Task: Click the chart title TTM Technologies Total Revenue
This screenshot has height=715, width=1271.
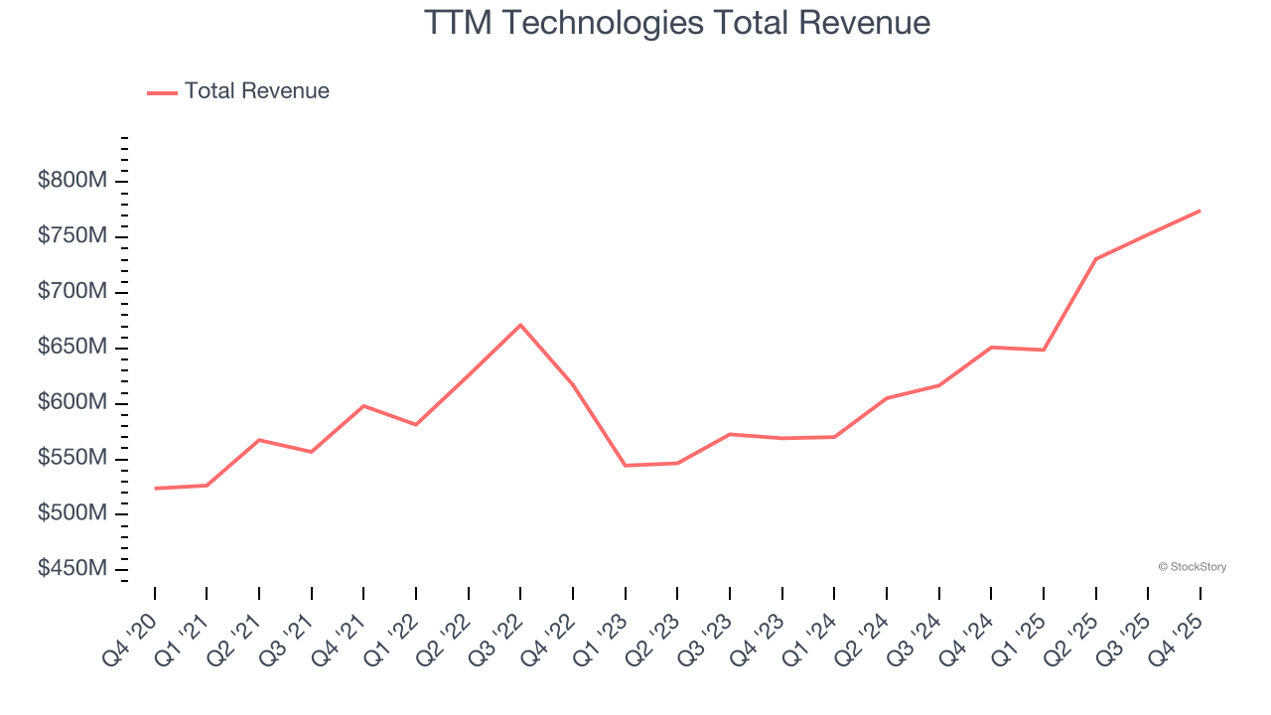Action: click(x=677, y=23)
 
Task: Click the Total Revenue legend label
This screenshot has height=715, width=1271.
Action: click(x=256, y=91)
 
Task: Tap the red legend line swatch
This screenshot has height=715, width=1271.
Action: click(x=162, y=92)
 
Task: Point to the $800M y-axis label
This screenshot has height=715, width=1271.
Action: click(x=73, y=181)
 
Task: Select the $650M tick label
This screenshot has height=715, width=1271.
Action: click(x=73, y=348)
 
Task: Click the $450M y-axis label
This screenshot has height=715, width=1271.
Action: click(x=73, y=569)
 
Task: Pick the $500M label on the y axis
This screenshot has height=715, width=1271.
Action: click(x=73, y=513)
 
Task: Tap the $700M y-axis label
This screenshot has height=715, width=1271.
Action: click(x=73, y=292)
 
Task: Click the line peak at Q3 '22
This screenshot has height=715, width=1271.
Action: click(x=520, y=325)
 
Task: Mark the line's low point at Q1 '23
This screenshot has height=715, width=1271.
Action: click(x=626, y=466)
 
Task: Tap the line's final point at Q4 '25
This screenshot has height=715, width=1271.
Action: click(x=1200, y=211)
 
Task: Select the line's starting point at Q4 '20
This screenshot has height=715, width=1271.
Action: click(x=155, y=489)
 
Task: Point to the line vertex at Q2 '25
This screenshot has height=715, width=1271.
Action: click(x=1095, y=259)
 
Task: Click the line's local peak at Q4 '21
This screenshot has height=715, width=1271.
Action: click(x=363, y=405)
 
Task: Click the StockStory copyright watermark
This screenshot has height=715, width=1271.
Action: click(x=1192, y=567)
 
